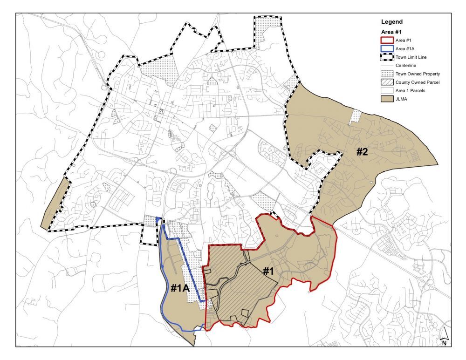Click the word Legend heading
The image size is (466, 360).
pyautogui.click(x=391, y=22)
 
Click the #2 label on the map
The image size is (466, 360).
pyautogui.click(x=363, y=152)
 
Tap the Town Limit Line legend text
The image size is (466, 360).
pyautogui.click(x=411, y=57)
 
